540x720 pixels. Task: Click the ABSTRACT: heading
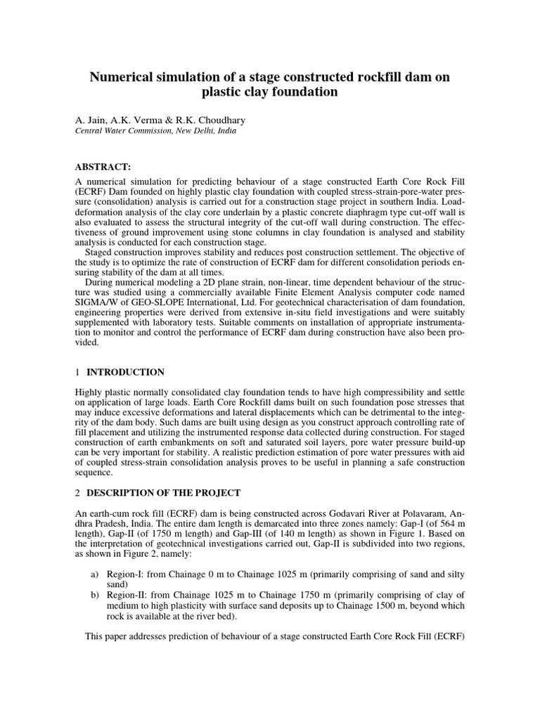[103, 166]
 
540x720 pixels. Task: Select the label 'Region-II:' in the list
[127, 595]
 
